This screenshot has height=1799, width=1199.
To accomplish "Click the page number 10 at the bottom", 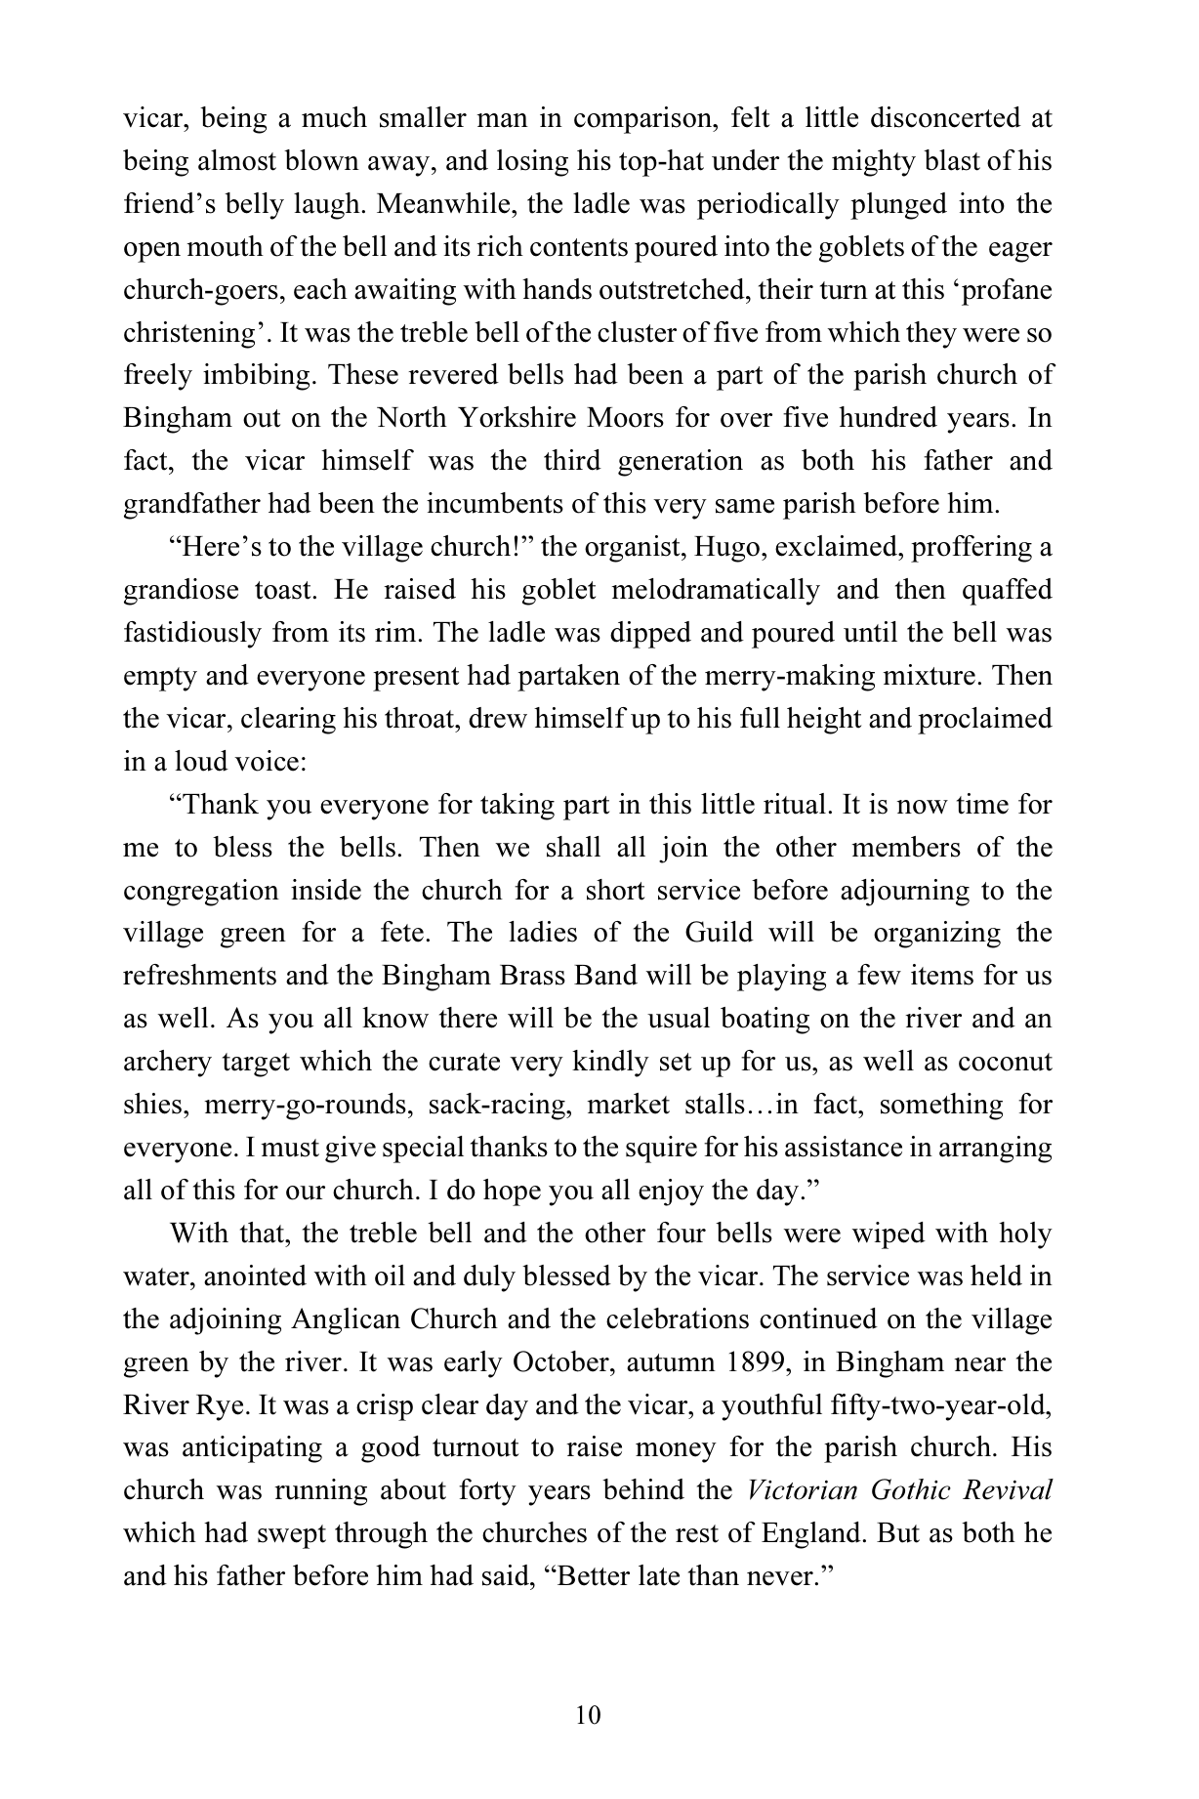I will [x=589, y=1715].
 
